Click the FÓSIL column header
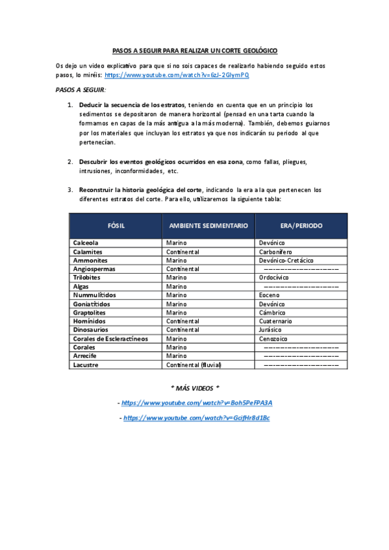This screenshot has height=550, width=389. (x=116, y=225)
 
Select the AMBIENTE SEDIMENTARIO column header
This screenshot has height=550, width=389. (x=208, y=225)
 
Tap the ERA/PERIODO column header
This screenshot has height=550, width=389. (x=302, y=225)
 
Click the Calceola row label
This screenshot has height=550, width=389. (x=86, y=243)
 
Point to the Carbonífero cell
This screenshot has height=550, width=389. (x=275, y=252)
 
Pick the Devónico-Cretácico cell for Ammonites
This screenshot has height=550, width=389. (x=286, y=260)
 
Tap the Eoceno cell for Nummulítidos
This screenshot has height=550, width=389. (x=270, y=295)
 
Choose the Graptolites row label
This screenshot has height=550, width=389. (x=89, y=313)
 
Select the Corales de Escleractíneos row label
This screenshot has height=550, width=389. (x=110, y=339)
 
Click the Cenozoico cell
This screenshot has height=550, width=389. (x=273, y=339)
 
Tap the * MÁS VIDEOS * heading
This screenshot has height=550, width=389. (x=195, y=388)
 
